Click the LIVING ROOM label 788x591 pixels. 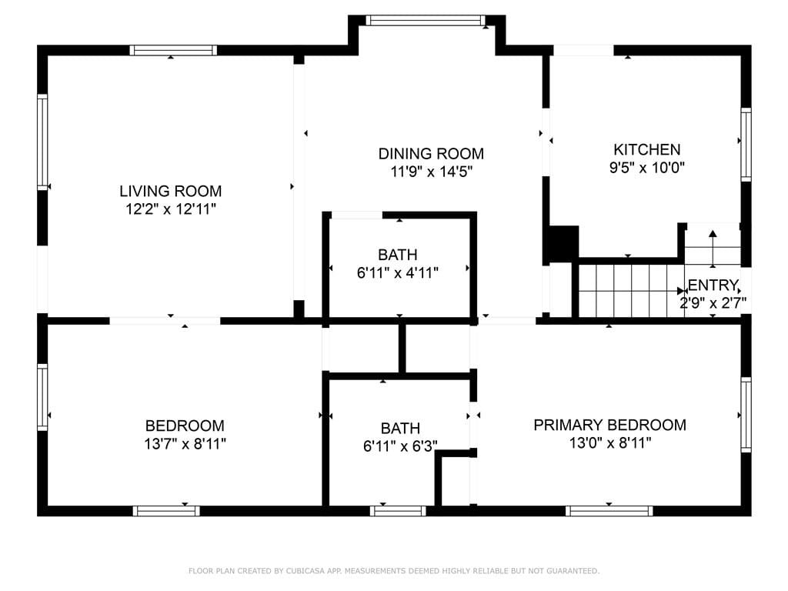[170, 191]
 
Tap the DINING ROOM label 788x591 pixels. [431, 153]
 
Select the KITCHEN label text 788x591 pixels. [646, 149]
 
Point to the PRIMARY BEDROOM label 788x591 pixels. [609, 425]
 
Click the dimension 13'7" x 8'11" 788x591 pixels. [185, 444]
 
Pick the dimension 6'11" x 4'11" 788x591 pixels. [398, 273]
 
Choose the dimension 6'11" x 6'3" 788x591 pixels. [400, 446]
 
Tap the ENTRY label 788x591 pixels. [713, 285]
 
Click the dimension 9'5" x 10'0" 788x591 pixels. [646, 167]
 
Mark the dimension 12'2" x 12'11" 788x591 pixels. [171, 209]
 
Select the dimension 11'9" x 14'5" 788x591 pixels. [432, 172]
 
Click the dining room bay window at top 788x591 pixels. [425, 20]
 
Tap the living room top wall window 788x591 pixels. [173, 50]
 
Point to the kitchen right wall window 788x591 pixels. [746, 144]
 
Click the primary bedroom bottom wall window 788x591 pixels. [609, 511]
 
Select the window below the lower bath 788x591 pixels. [398, 511]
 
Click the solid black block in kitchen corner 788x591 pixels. [563, 244]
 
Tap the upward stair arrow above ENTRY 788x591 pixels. [713, 249]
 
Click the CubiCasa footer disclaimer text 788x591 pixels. [394, 571]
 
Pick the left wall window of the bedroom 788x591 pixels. [43, 397]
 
